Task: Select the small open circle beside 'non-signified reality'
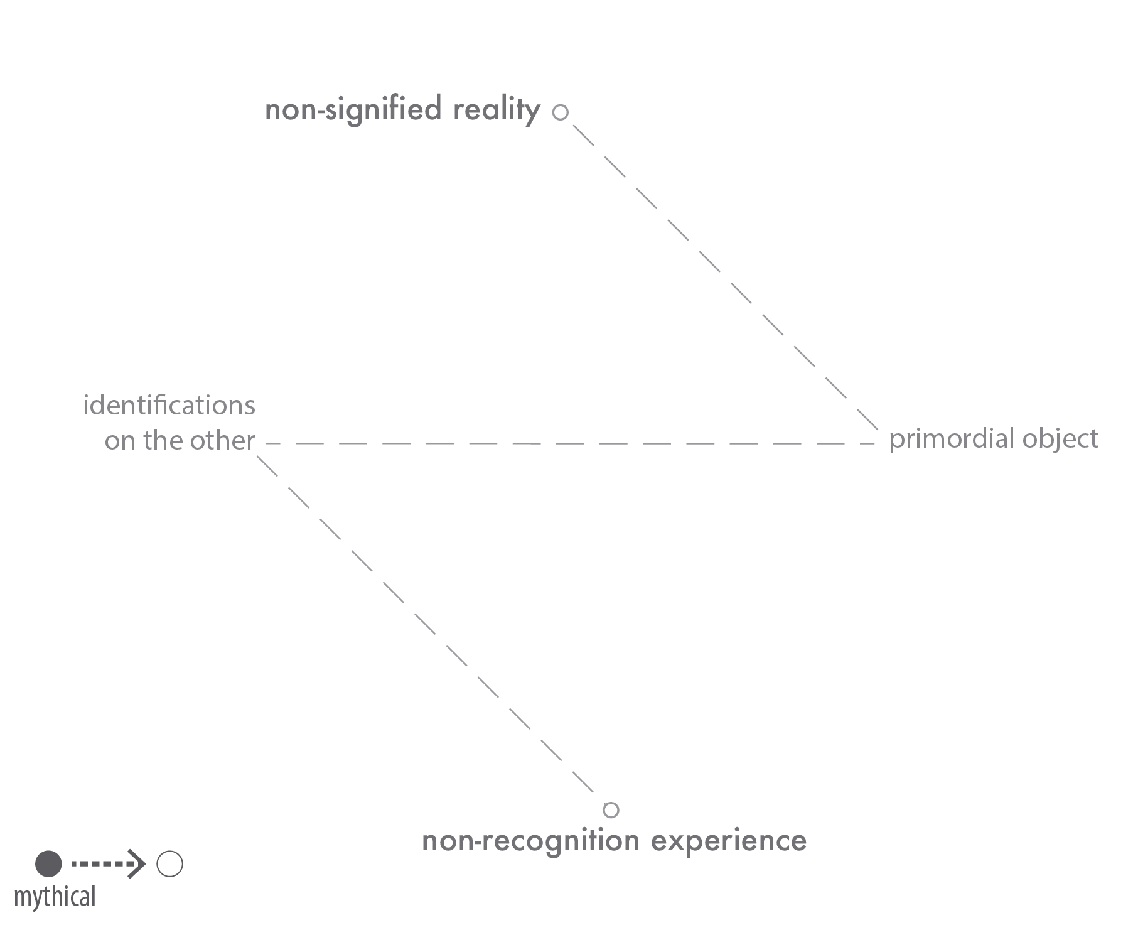coord(561,112)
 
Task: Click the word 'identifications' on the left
coord(169,405)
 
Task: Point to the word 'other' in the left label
coord(223,440)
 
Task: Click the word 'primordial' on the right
coord(952,439)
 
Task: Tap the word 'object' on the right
coord(1060,439)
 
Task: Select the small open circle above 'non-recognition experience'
coord(611,810)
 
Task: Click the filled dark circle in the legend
coord(48,864)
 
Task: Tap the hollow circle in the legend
coord(169,864)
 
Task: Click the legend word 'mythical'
coord(55,897)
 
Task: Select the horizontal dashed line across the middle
coord(571,443)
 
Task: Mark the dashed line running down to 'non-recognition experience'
coord(426,624)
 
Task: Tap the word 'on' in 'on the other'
coord(119,441)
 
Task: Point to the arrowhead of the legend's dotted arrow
coord(137,864)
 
